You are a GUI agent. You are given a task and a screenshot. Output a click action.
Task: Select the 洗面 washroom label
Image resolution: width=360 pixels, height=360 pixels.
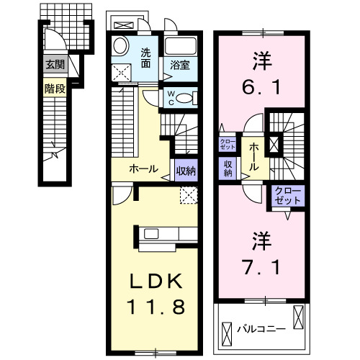(146, 57)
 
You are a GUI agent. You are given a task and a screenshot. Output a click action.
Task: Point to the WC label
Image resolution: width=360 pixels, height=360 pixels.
(171, 97)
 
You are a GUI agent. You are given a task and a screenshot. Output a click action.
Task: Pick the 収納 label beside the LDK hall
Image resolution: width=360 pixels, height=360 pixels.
(184, 171)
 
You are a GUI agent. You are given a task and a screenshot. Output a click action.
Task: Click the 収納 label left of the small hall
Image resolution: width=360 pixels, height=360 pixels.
(228, 168)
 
